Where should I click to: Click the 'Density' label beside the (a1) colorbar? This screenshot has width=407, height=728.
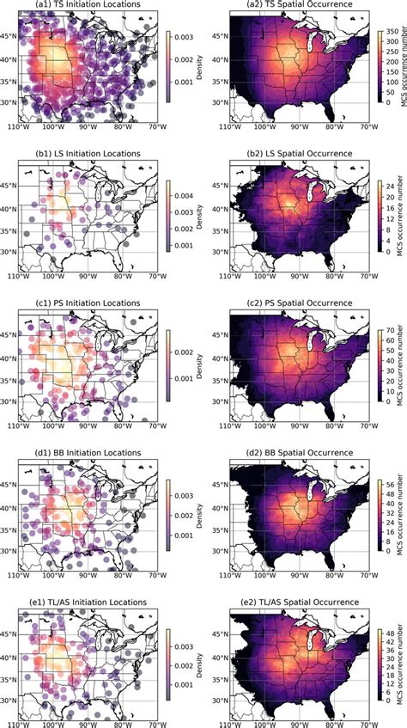[x=198, y=72]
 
